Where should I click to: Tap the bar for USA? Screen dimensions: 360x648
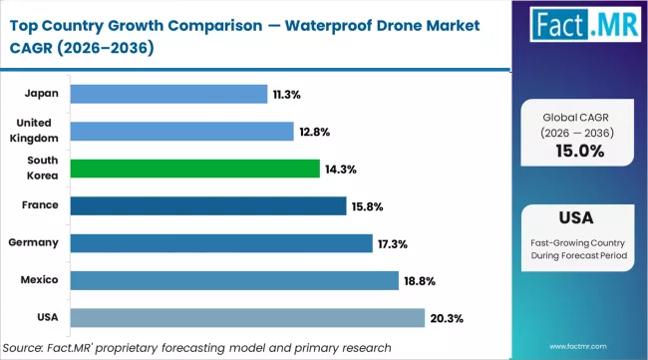248,317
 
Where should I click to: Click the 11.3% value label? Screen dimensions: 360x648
287,95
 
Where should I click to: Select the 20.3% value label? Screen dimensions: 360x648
445,317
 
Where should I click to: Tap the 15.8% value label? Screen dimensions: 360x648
366,206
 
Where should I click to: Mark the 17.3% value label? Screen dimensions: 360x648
392,243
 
